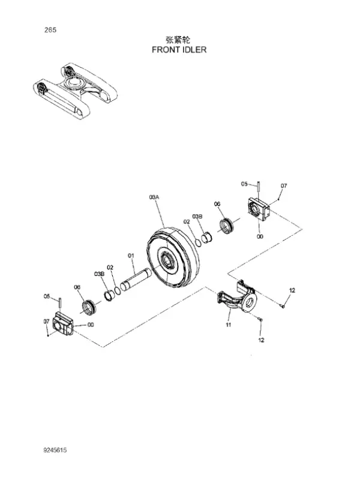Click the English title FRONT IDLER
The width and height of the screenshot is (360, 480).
pos(179,50)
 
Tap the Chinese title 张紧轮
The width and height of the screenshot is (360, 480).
pos(178,40)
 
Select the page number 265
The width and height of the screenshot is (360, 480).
pos(50,29)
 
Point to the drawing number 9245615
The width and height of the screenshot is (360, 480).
pos(55,450)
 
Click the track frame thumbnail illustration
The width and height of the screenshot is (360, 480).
pos(75,91)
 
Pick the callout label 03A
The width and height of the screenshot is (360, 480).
pos(154,197)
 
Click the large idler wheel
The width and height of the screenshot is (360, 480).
pos(168,258)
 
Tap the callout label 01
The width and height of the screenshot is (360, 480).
pos(131,255)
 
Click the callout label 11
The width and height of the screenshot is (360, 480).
pos(229,325)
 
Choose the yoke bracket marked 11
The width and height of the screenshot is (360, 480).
pos(237,298)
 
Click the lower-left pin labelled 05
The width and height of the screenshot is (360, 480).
pos(61,303)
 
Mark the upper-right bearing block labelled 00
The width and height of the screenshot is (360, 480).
pos(259,208)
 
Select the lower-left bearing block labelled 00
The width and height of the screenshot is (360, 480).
pos(63,323)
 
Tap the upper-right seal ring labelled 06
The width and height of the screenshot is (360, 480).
pos(227,226)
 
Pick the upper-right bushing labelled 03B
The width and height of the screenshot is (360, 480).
pos(206,238)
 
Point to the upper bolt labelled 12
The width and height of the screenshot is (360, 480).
pos(283,305)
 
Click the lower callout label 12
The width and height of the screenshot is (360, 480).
pos(261,340)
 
